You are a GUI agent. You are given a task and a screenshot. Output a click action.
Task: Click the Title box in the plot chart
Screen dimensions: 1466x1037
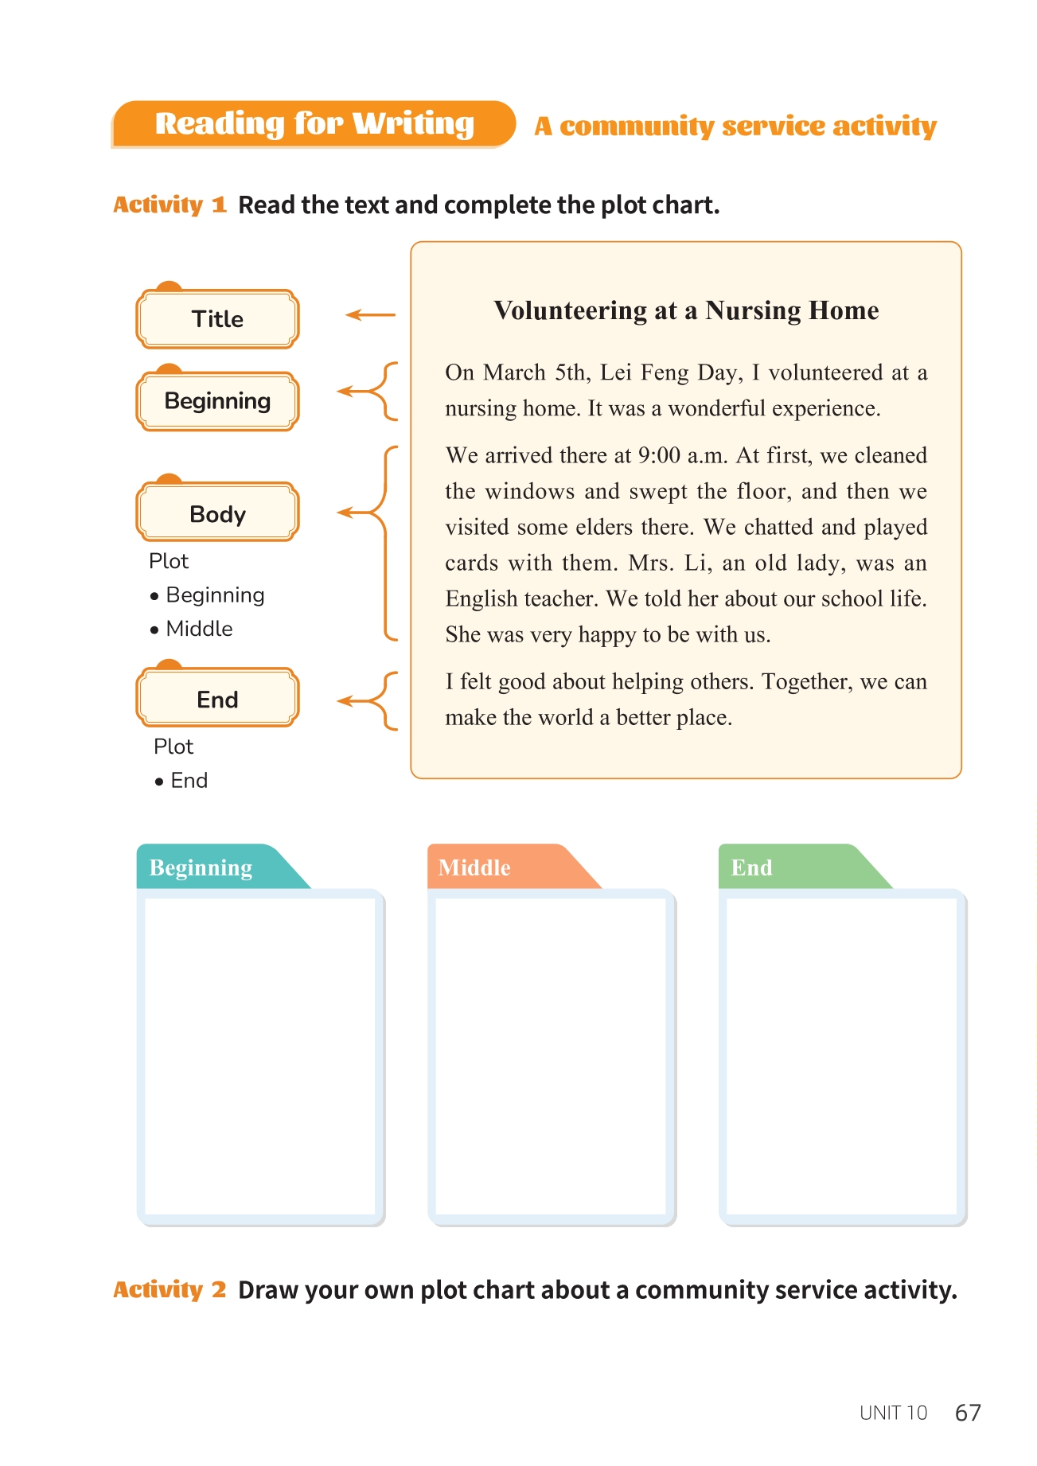click(217, 319)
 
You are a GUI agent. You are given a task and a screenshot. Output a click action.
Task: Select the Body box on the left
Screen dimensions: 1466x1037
click(217, 513)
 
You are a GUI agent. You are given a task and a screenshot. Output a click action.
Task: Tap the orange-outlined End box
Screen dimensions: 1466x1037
click(217, 699)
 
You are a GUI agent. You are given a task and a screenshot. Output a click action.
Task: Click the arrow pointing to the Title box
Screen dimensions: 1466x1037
click(370, 315)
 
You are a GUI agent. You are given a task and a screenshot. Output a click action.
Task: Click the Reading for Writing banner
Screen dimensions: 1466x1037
click(314, 124)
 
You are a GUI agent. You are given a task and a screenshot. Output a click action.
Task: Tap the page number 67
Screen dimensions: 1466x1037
click(968, 1412)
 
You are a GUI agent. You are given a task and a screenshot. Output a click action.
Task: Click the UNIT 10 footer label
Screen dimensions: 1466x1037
click(893, 1413)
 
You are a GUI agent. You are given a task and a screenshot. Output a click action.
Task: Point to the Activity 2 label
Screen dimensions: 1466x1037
click(170, 1289)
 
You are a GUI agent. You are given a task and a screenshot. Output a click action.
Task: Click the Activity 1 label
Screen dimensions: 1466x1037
click(170, 205)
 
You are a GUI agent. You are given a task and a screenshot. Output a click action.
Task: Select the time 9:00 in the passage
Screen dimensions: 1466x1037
click(659, 455)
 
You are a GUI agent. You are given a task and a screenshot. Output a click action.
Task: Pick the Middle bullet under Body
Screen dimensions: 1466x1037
click(199, 629)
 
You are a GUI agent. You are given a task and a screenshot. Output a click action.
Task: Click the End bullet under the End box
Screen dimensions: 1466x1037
click(189, 780)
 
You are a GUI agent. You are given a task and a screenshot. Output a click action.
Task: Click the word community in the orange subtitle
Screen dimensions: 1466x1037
click(637, 126)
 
